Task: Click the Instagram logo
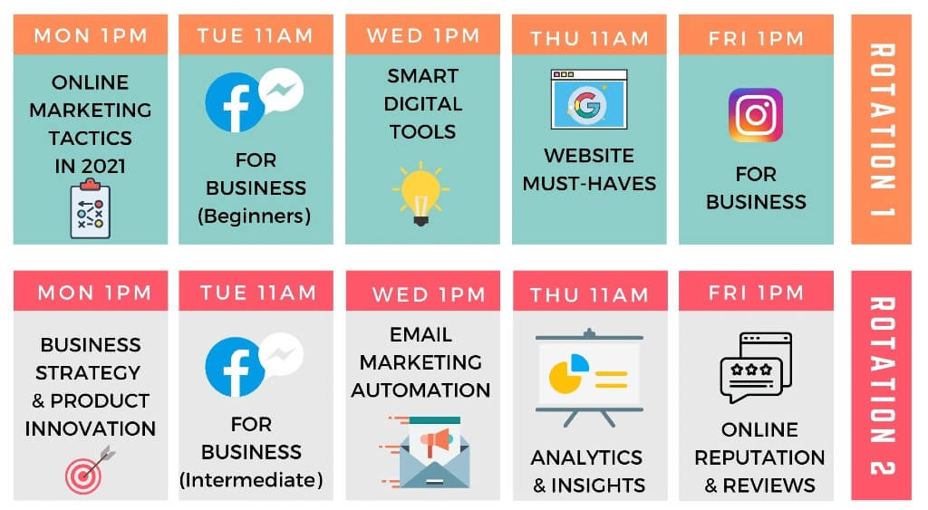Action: pos(756,115)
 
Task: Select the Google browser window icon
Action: pos(589,100)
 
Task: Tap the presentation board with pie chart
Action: pos(589,377)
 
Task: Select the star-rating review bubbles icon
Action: pos(756,368)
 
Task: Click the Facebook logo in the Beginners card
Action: pos(235,102)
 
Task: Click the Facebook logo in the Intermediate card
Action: pos(235,367)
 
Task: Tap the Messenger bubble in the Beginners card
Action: pos(281,91)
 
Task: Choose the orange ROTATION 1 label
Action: pos(881,130)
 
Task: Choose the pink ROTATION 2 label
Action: pos(881,386)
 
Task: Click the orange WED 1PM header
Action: pos(422,35)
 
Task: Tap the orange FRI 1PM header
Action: pos(756,35)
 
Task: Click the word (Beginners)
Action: pos(255,216)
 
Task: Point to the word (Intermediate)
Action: pos(252,480)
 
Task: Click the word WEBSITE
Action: pos(589,156)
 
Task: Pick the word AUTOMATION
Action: pos(420,390)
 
